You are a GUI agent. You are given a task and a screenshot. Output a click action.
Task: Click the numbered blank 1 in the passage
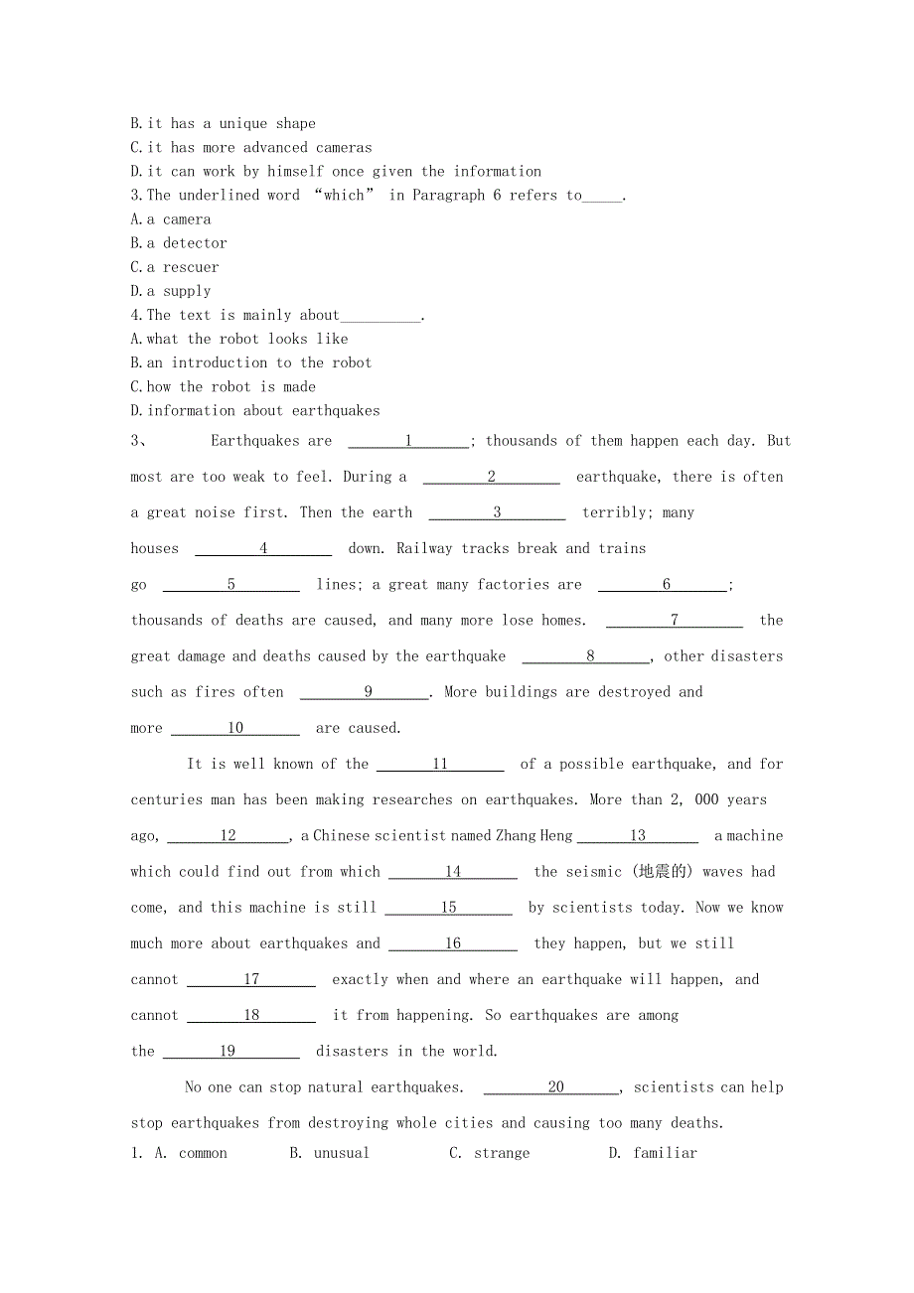pos(408,441)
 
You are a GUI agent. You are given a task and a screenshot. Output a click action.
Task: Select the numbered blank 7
pos(675,621)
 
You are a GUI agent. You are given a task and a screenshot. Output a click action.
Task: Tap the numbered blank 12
pos(228,836)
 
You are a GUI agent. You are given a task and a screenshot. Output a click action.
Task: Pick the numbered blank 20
pos(555,1087)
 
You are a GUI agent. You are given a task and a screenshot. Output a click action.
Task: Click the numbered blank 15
pos(448,908)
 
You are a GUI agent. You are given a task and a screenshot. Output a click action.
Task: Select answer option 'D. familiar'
pos(653,1153)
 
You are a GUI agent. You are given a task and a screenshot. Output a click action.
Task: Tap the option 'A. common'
pos(191,1153)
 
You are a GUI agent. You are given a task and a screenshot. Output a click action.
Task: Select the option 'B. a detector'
pos(179,243)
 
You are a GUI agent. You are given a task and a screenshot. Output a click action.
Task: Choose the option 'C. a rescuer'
pos(175,267)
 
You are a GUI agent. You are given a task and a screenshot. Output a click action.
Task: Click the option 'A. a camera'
pos(171,219)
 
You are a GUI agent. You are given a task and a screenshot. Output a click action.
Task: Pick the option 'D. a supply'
pos(171,291)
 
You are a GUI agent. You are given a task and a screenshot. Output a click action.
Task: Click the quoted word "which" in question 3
pos(344,196)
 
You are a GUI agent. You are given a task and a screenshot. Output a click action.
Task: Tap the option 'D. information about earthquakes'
pos(255,411)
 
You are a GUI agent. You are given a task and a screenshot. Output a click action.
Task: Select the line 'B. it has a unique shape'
pos(224,124)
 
